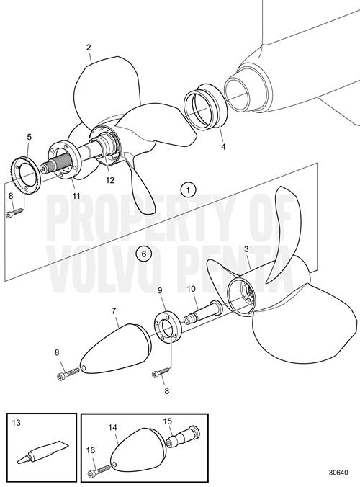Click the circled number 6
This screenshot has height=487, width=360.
click(144, 254)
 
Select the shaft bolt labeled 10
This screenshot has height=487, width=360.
click(202, 313)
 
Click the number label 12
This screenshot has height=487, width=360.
click(110, 180)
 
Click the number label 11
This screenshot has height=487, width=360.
click(76, 196)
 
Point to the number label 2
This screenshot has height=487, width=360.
click(89, 48)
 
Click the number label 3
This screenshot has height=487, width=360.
click(246, 249)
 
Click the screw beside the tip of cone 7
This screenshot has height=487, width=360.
click(68, 373)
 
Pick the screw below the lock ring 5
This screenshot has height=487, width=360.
click(14, 212)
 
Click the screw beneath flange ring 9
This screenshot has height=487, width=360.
click(161, 372)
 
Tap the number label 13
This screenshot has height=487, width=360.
click(16, 423)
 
